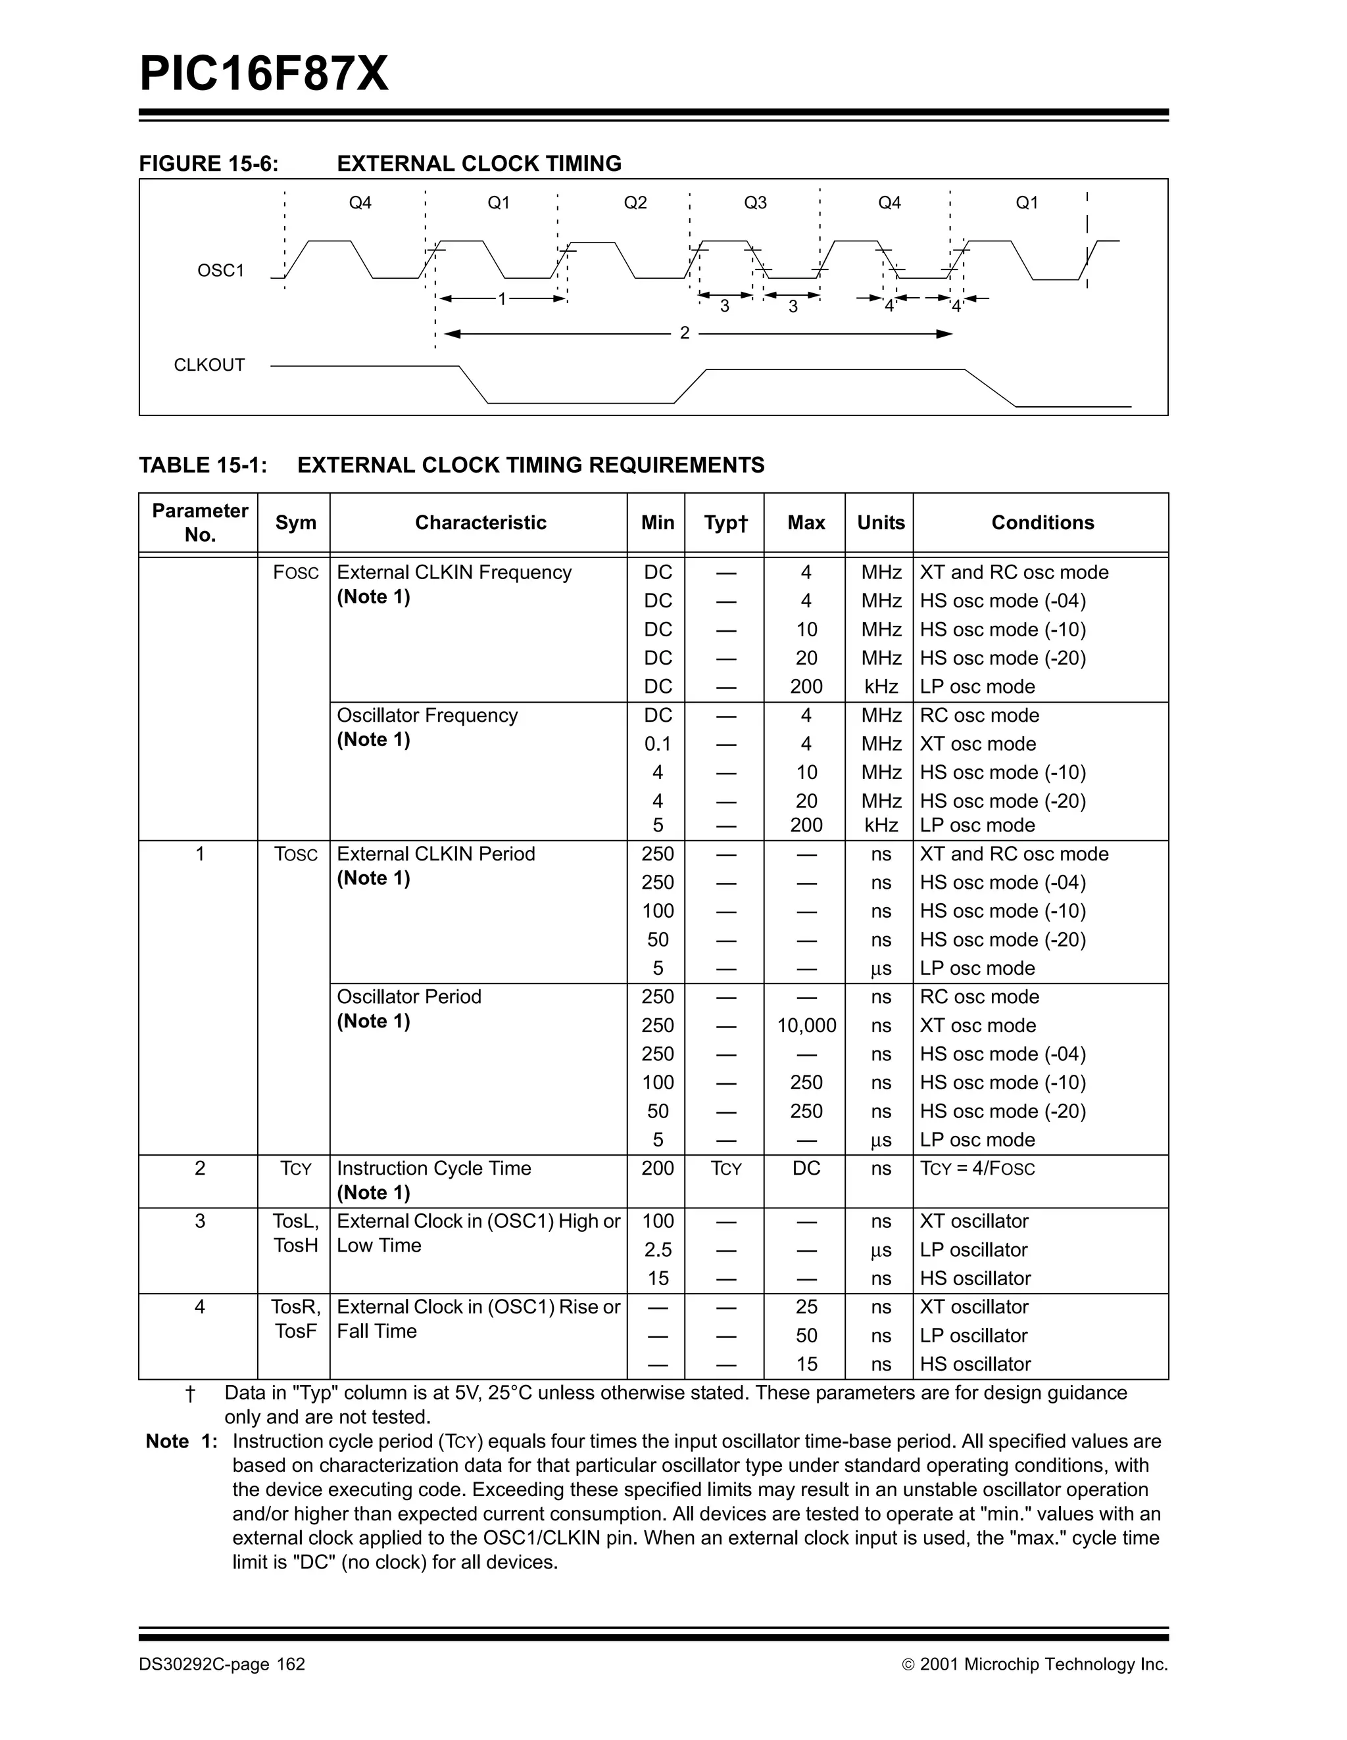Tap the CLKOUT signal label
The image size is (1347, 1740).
point(209,365)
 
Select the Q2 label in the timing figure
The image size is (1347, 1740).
point(635,203)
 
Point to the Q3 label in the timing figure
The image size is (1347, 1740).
point(755,203)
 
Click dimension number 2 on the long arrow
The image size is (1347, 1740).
point(685,333)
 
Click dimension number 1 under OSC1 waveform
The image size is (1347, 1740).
point(502,300)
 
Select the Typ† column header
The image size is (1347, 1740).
point(725,523)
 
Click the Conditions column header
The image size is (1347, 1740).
point(1042,523)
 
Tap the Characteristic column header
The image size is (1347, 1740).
point(480,523)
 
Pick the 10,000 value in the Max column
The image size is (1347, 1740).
point(806,1025)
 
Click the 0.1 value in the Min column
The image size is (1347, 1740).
point(658,744)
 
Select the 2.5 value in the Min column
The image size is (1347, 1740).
point(658,1250)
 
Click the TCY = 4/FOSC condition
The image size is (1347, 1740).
point(977,1169)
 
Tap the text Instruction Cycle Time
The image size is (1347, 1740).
point(433,1169)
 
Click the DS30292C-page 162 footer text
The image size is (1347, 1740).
point(222,1664)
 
